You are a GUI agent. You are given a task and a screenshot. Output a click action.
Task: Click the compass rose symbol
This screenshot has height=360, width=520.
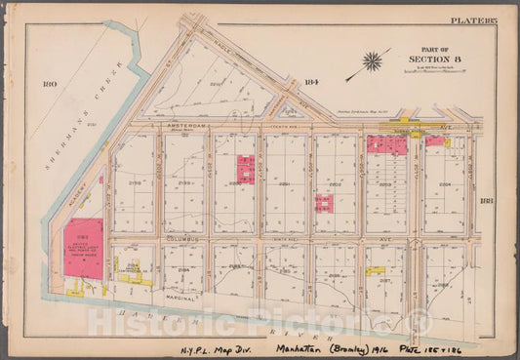pyautogui.click(x=372, y=60)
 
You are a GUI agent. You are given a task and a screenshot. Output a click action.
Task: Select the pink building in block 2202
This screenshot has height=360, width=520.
pyautogui.click(x=323, y=203)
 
